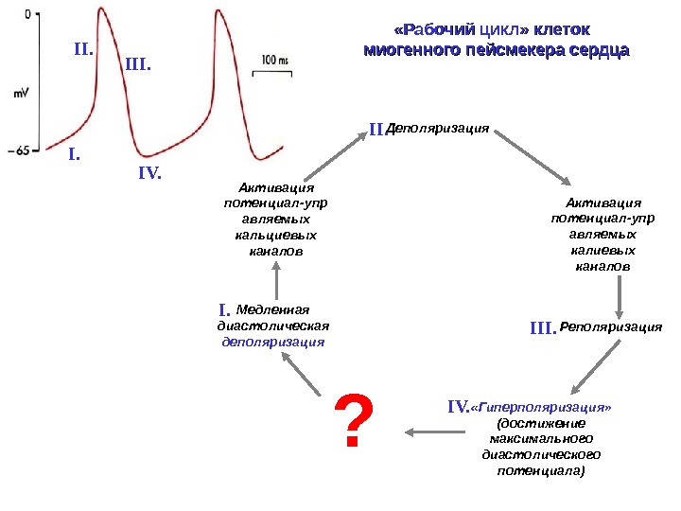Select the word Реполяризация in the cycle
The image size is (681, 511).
tap(611, 327)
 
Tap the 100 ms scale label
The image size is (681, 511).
tap(272, 60)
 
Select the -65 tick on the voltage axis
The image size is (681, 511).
tap(21, 150)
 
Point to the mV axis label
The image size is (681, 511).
tap(21, 93)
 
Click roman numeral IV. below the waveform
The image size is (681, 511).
tap(150, 174)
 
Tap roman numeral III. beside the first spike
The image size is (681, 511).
tap(138, 65)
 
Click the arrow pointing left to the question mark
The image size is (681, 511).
tap(435, 432)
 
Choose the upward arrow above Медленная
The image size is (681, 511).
tap(276, 280)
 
